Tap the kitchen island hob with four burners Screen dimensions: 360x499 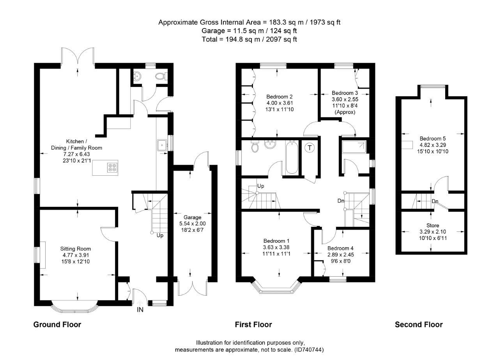113,168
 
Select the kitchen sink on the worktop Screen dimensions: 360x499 162,145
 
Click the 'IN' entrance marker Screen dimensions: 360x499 140,310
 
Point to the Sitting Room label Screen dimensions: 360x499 75,249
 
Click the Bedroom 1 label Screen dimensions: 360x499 276,240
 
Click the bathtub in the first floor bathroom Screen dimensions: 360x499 291,158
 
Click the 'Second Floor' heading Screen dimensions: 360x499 419,325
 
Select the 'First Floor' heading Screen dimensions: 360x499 253,325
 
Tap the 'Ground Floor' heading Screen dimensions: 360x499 57,325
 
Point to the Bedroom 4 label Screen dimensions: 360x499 340,248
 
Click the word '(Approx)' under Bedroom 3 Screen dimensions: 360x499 345,112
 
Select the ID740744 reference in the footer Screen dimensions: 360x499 309,349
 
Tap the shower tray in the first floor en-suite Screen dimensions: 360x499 354,147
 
